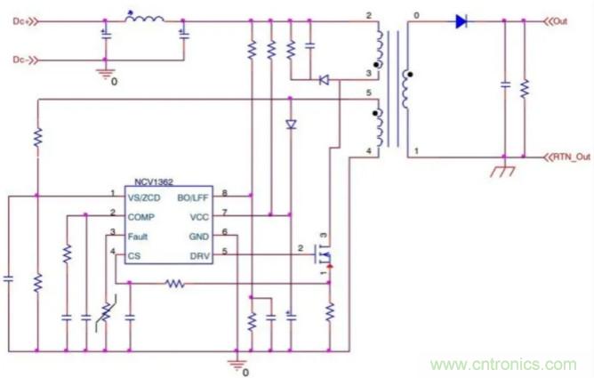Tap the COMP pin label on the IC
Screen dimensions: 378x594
(x=142, y=215)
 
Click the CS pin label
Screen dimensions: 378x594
(x=134, y=256)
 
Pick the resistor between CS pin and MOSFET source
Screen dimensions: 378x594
(x=175, y=284)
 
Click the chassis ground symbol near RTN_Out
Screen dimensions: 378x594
(x=503, y=169)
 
